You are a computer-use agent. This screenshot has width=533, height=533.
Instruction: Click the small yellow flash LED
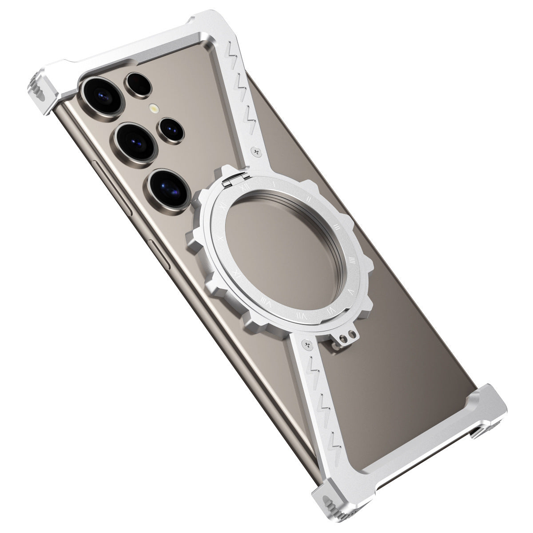154,108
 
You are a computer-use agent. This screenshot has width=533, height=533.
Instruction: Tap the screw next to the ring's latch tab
307,342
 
